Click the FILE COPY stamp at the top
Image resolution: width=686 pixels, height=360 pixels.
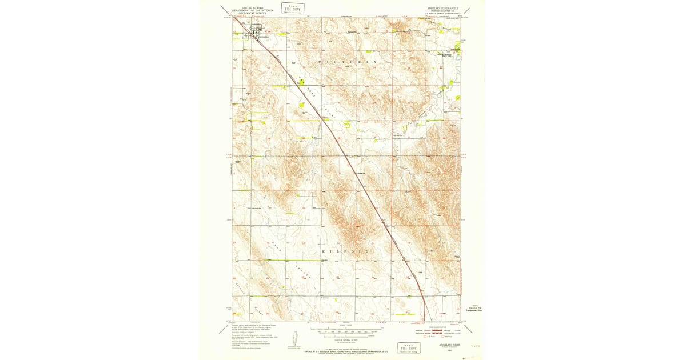click(293, 8)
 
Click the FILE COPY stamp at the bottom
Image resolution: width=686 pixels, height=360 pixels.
click(409, 348)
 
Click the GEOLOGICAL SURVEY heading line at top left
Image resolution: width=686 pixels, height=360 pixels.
click(249, 14)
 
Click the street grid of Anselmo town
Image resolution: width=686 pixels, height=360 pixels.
click(252, 35)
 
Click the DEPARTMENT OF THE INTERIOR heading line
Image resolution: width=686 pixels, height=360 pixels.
click(249, 11)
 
